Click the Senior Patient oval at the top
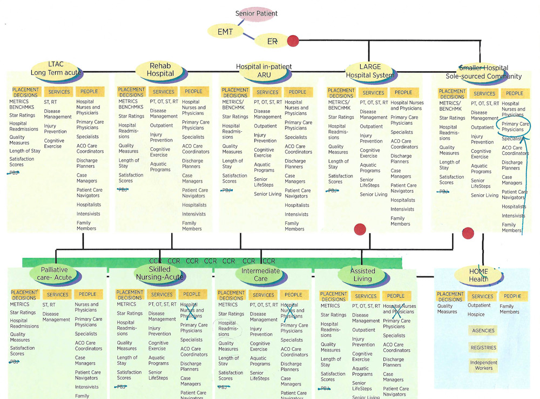click(x=256, y=13)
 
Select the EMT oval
click(x=225, y=32)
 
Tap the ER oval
click(x=272, y=41)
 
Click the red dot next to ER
click(x=293, y=40)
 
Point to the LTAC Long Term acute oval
click(x=56, y=69)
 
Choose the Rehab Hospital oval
click(x=160, y=69)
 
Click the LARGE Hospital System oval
click(x=370, y=71)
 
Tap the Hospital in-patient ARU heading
click(x=264, y=71)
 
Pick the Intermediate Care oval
click(x=261, y=274)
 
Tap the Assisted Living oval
click(x=362, y=275)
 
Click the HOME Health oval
click(x=478, y=275)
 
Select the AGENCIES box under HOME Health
click(x=483, y=330)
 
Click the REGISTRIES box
click(x=483, y=348)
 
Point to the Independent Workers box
click(x=483, y=365)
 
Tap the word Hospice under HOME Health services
click(x=476, y=314)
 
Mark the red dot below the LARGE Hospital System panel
click(x=359, y=229)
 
